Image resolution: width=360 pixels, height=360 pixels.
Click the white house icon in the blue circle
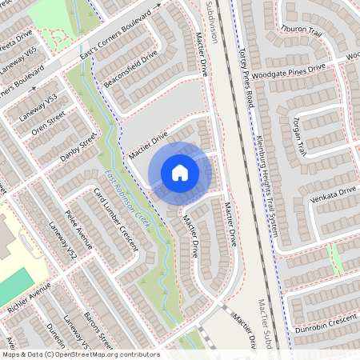180,172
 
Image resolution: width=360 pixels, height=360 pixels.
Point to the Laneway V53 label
42,106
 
